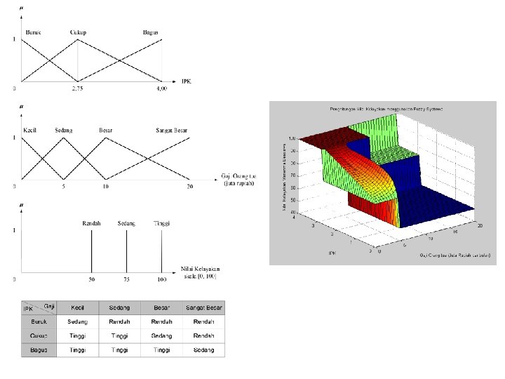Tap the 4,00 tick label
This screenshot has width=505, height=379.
click(x=161, y=89)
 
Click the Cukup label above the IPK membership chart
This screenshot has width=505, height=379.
click(x=78, y=32)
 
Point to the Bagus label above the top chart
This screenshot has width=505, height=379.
click(x=150, y=32)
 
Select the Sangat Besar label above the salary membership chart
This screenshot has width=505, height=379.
click(x=173, y=130)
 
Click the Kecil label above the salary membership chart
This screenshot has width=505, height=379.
click(x=31, y=130)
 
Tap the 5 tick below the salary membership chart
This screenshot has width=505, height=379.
click(x=64, y=187)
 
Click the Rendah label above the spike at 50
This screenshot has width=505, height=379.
click(x=92, y=224)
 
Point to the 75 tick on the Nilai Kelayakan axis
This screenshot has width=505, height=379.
click(x=126, y=280)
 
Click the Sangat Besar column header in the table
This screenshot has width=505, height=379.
click(x=204, y=308)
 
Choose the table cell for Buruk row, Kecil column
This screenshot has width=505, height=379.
click(x=78, y=322)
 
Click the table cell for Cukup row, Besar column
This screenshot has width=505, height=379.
click(x=162, y=336)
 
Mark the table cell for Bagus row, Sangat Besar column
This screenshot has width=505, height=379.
click(x=204, y=350)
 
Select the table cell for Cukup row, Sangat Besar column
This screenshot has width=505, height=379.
click(x=204, y=336)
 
